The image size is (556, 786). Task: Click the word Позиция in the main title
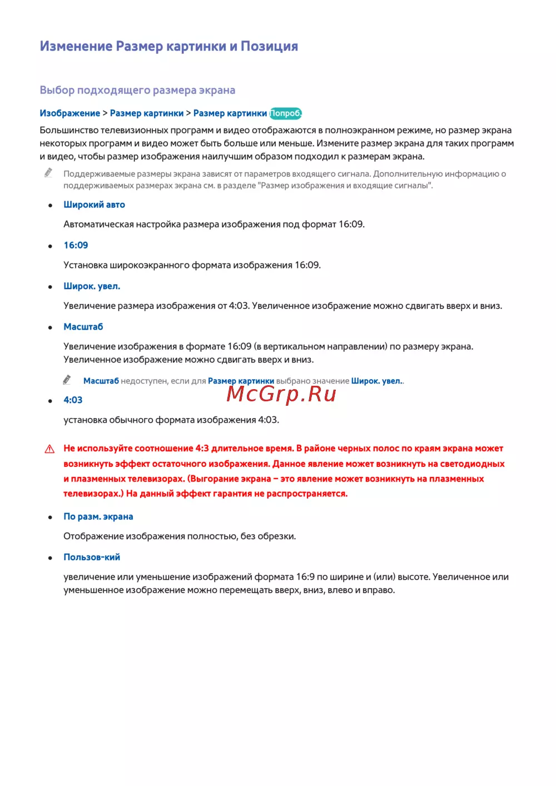click(x=269, y=46)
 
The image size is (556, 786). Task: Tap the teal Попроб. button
click(x=285, y=113)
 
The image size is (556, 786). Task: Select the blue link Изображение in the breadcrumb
click(x=70, y=113)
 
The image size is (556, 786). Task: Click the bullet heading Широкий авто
click(x=94, y=205)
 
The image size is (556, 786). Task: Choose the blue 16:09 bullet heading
click(x=76, y=245)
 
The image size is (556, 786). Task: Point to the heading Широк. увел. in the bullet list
click(x=92, y=286)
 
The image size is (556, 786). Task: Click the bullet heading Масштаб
click(x=83, y=327)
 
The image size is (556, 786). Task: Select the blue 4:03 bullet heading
click(x=73, y=400)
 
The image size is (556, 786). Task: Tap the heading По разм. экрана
click(x=98, y=516)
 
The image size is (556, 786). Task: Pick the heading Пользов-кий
click(x=92, y=557)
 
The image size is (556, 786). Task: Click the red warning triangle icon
click(x=49, y=449)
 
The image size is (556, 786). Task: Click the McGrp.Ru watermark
click(x=281, y=394)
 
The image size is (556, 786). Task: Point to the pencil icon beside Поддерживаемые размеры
click(x=48, y=173)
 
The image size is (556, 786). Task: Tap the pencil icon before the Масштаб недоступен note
click(x=67, y=380)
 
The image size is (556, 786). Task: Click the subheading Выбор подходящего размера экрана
click(x=137, y=90)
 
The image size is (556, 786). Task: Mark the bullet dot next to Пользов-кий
click(x=50, y=558)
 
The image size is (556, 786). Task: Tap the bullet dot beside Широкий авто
click(x=50, y=205)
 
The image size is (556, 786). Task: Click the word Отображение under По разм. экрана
click(x=93, y=536)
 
